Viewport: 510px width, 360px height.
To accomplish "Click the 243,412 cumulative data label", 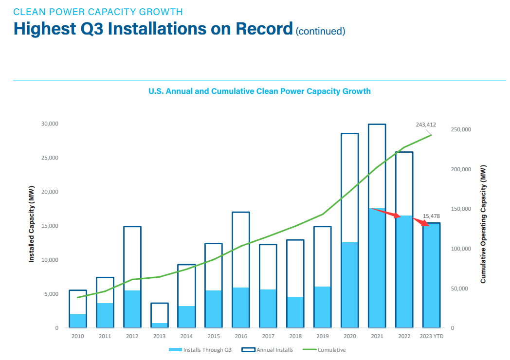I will point(426,125).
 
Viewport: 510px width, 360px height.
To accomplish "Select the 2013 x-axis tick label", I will point(159,336).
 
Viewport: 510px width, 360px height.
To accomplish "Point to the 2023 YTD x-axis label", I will point(431,336).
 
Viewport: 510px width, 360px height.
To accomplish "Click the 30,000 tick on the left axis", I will point(49,124).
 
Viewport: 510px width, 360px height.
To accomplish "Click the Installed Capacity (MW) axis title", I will point(32,224).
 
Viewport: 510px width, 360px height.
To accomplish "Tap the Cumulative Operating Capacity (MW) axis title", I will point(483,224).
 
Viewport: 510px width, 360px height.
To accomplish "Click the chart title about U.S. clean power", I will point(259,91).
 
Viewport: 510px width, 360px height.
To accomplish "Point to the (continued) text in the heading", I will point(320,31).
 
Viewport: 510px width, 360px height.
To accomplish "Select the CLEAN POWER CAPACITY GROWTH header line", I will point(98,11).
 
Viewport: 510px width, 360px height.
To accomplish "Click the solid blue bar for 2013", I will point(159,325).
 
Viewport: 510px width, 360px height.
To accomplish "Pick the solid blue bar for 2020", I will point(349,285).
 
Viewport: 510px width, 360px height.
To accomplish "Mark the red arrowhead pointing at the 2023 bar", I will point(426,224).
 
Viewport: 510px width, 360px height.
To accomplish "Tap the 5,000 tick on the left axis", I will point(51,294).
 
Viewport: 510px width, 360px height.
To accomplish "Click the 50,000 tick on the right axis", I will point(459,288).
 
